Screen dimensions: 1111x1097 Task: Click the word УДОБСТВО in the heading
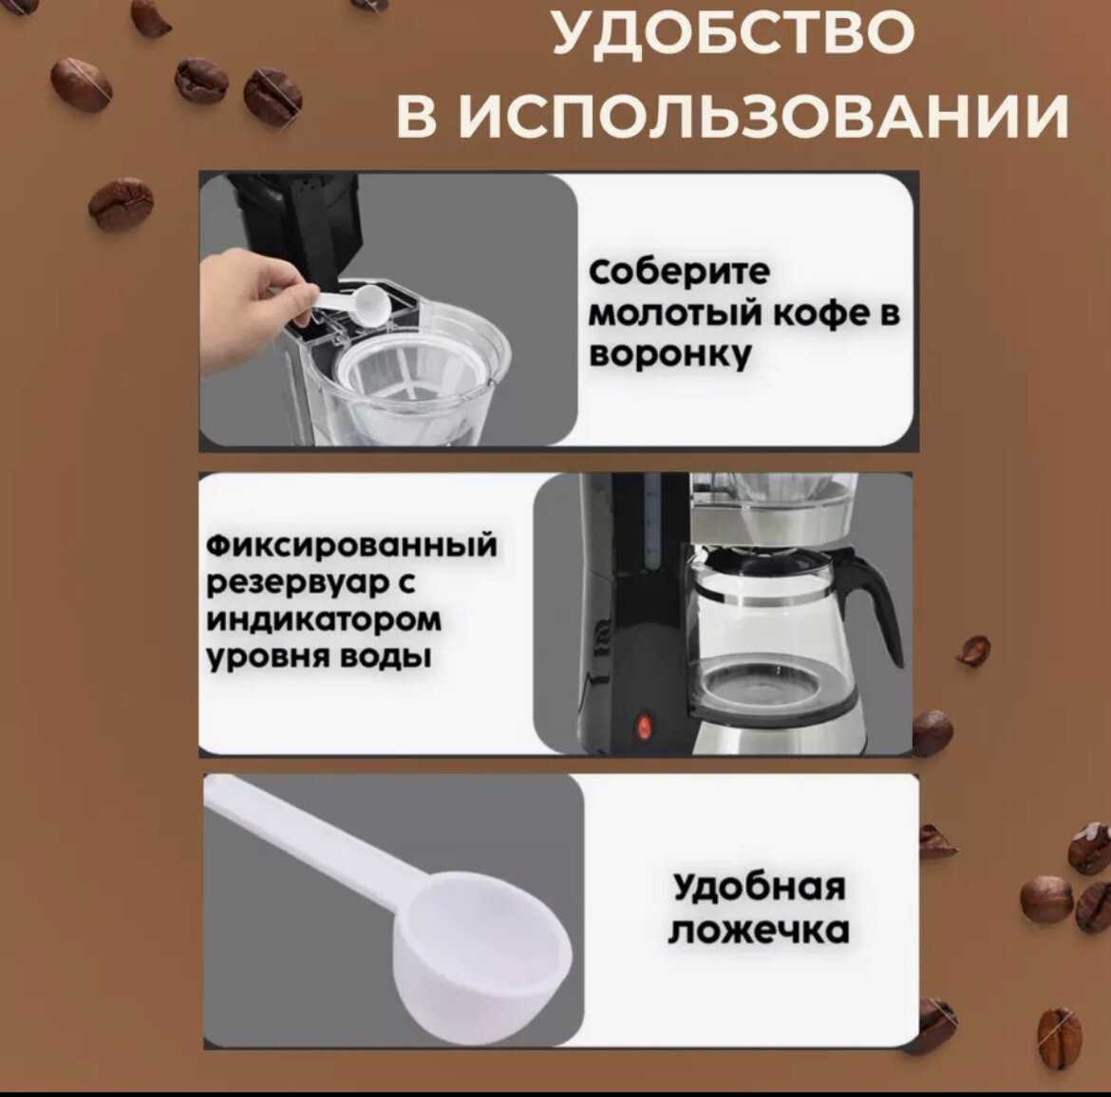pyautogui.click(x=732, y=32)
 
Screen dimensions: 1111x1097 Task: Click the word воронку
pyautogui.click(x=669, y=354)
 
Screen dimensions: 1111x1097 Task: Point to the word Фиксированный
pyautogui.click(x=351, y=546)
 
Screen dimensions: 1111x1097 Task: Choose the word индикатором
pyautogui.click(x=324, y=620)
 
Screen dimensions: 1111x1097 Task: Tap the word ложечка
pyautogui.click(x=759, y=931)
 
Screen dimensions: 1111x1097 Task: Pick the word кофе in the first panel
pyautogui.click(x=821, y=313)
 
